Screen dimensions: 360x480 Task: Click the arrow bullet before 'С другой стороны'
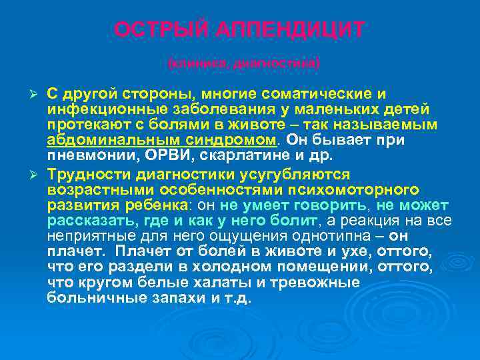[x=37, y=93]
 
